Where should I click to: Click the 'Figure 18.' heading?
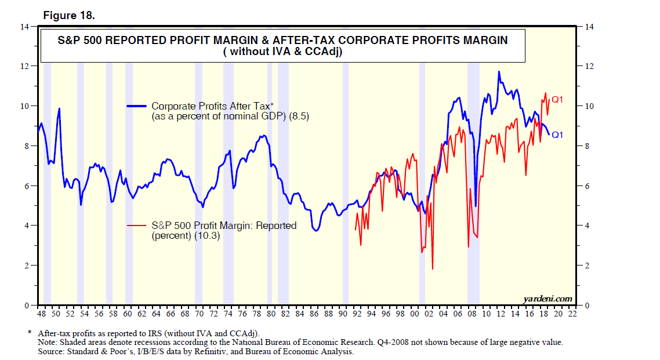pyautogui.click(x=68, y=16)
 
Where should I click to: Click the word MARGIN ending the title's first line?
pyautogui.click(x=479, y=41)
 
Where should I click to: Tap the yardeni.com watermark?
pyautogui.click(x=547, y=299)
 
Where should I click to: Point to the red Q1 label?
pyautogui.click(x=557, y=100)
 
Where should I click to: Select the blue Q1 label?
pyautogui.click(x=557, y=134)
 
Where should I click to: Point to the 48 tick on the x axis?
pyautogui.click(x=41, y=314)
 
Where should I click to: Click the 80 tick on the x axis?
pyautogui.click(x=270, y=314)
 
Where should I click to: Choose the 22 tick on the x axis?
pyautogui.click(x=572, y=314)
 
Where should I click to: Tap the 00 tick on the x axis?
pyautogui.click(x=414, y=314)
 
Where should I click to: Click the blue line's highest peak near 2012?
pyautogui.click(x=499, y=72)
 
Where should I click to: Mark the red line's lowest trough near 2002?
pyautogui.click(x=433, y=269)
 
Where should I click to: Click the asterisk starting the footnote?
pyautogui.click(x=29, y=333)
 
